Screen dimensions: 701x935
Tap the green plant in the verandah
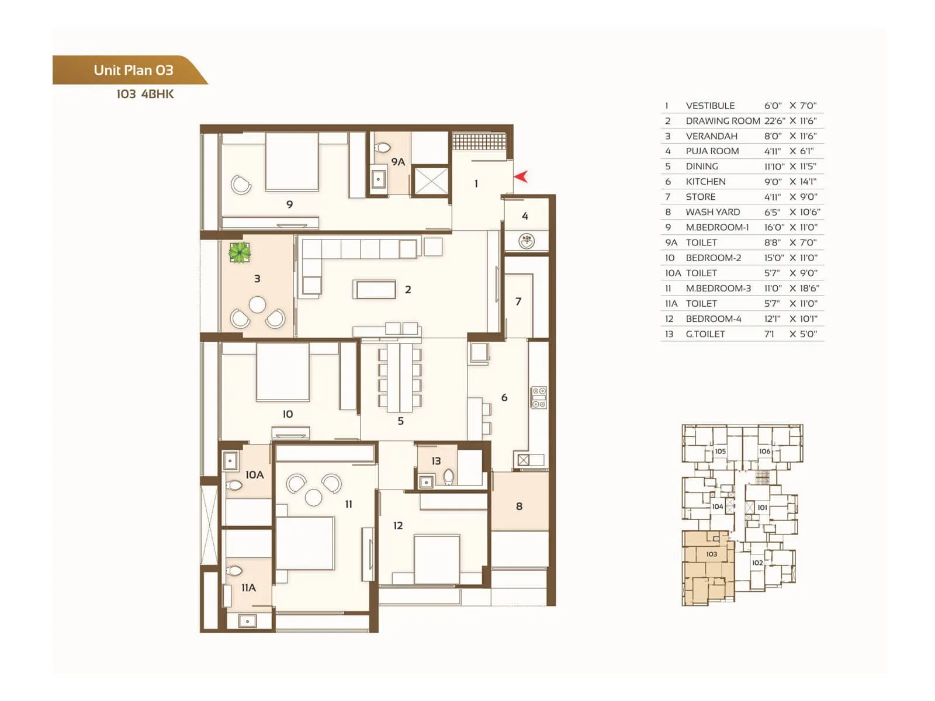[239, 252]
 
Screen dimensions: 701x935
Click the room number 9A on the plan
[398, 162]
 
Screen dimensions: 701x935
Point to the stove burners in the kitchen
[538, 397]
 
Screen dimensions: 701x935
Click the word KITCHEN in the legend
[705, 182]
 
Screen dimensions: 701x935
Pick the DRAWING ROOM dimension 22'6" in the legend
[774, 121]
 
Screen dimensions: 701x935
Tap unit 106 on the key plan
[764, 452]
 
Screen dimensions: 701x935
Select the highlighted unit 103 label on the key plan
[711, 554]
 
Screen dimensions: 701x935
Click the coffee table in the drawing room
[374, 290]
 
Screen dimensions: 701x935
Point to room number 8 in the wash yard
[519, 506]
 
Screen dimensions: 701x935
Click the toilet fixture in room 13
[448, 477]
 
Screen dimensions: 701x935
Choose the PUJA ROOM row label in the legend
[712, 151]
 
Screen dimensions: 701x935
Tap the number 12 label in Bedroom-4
[398, 526]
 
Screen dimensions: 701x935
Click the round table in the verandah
[257, 304]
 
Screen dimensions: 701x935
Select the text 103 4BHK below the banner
[145, 94]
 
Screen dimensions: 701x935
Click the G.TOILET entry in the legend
[705, 334]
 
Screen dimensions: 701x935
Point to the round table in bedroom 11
[314, 497]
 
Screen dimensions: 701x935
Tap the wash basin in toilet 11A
[248, 622]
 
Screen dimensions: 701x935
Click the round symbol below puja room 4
[527, 240]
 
